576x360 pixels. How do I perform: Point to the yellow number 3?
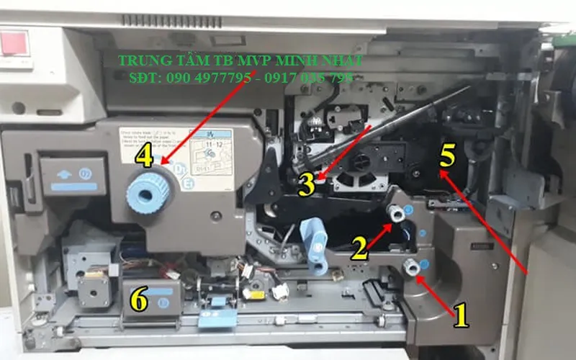pos(306,184)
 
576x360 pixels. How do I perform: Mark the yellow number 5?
pos(447,154)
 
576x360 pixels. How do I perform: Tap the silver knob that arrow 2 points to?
pos(395,214)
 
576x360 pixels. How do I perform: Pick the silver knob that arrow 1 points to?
pos(411,267)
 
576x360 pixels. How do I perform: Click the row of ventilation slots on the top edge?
pos(162,19)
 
